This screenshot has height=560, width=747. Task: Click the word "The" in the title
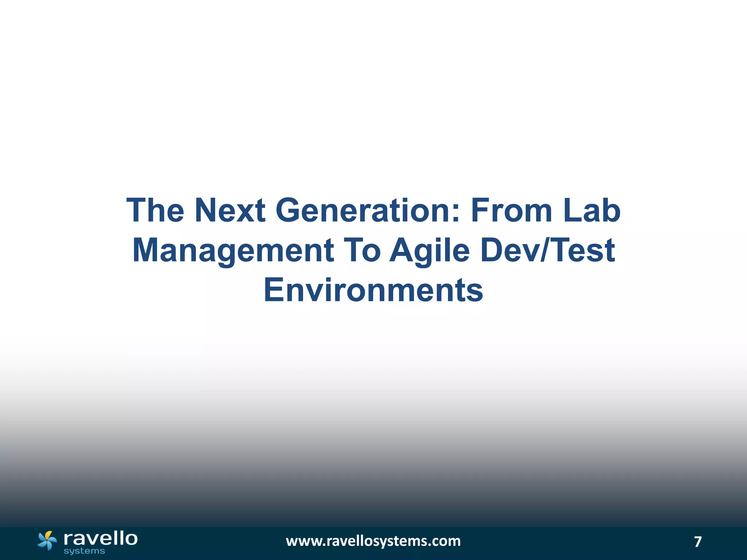click(155, 210)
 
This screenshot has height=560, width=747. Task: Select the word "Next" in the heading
click(230, 210)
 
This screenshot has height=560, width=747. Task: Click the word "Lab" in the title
click(592, 210)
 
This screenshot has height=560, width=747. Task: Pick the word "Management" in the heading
click(233, 250)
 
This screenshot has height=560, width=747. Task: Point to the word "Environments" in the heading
click(373, 290)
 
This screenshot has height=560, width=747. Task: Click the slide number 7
click(698, 542)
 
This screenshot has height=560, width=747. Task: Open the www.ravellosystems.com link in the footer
click(373, 541)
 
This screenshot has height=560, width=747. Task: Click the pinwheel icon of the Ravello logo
click(47, 540)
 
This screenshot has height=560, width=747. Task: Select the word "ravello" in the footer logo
click(100, 538)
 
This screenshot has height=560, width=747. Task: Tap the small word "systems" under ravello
click(84, 551)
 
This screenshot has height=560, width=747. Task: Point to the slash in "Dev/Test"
click(542, 250)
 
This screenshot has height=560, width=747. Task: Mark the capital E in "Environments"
click(273, 290)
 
